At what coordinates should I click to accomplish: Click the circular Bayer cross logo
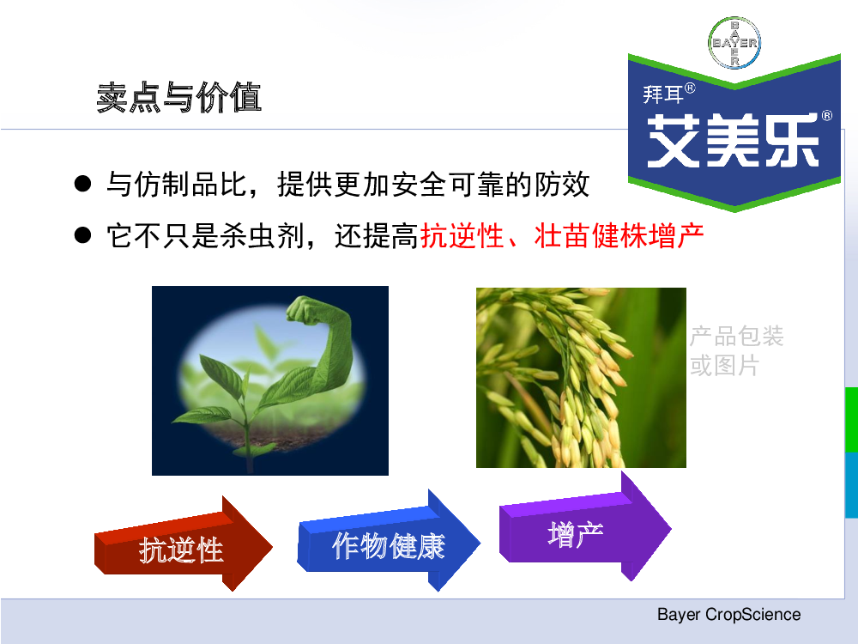point(734,42)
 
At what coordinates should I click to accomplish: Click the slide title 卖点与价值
point(179,98)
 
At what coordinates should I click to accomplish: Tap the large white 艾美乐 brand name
point(733,141)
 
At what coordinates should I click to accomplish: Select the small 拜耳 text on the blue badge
point(662,94)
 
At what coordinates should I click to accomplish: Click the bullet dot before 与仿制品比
point(82,184)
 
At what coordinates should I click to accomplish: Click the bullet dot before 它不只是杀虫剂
point(82,235)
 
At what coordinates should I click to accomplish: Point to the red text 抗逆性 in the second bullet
point(462,236)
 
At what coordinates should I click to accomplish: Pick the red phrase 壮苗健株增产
point(619,236)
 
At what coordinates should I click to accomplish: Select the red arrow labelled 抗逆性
point(184,545)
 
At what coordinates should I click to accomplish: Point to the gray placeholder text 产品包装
point(736,336)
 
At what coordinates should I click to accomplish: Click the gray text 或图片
point(724,365)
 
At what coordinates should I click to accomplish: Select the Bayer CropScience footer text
point(728,615)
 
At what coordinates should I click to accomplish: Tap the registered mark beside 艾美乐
point(827,116)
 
